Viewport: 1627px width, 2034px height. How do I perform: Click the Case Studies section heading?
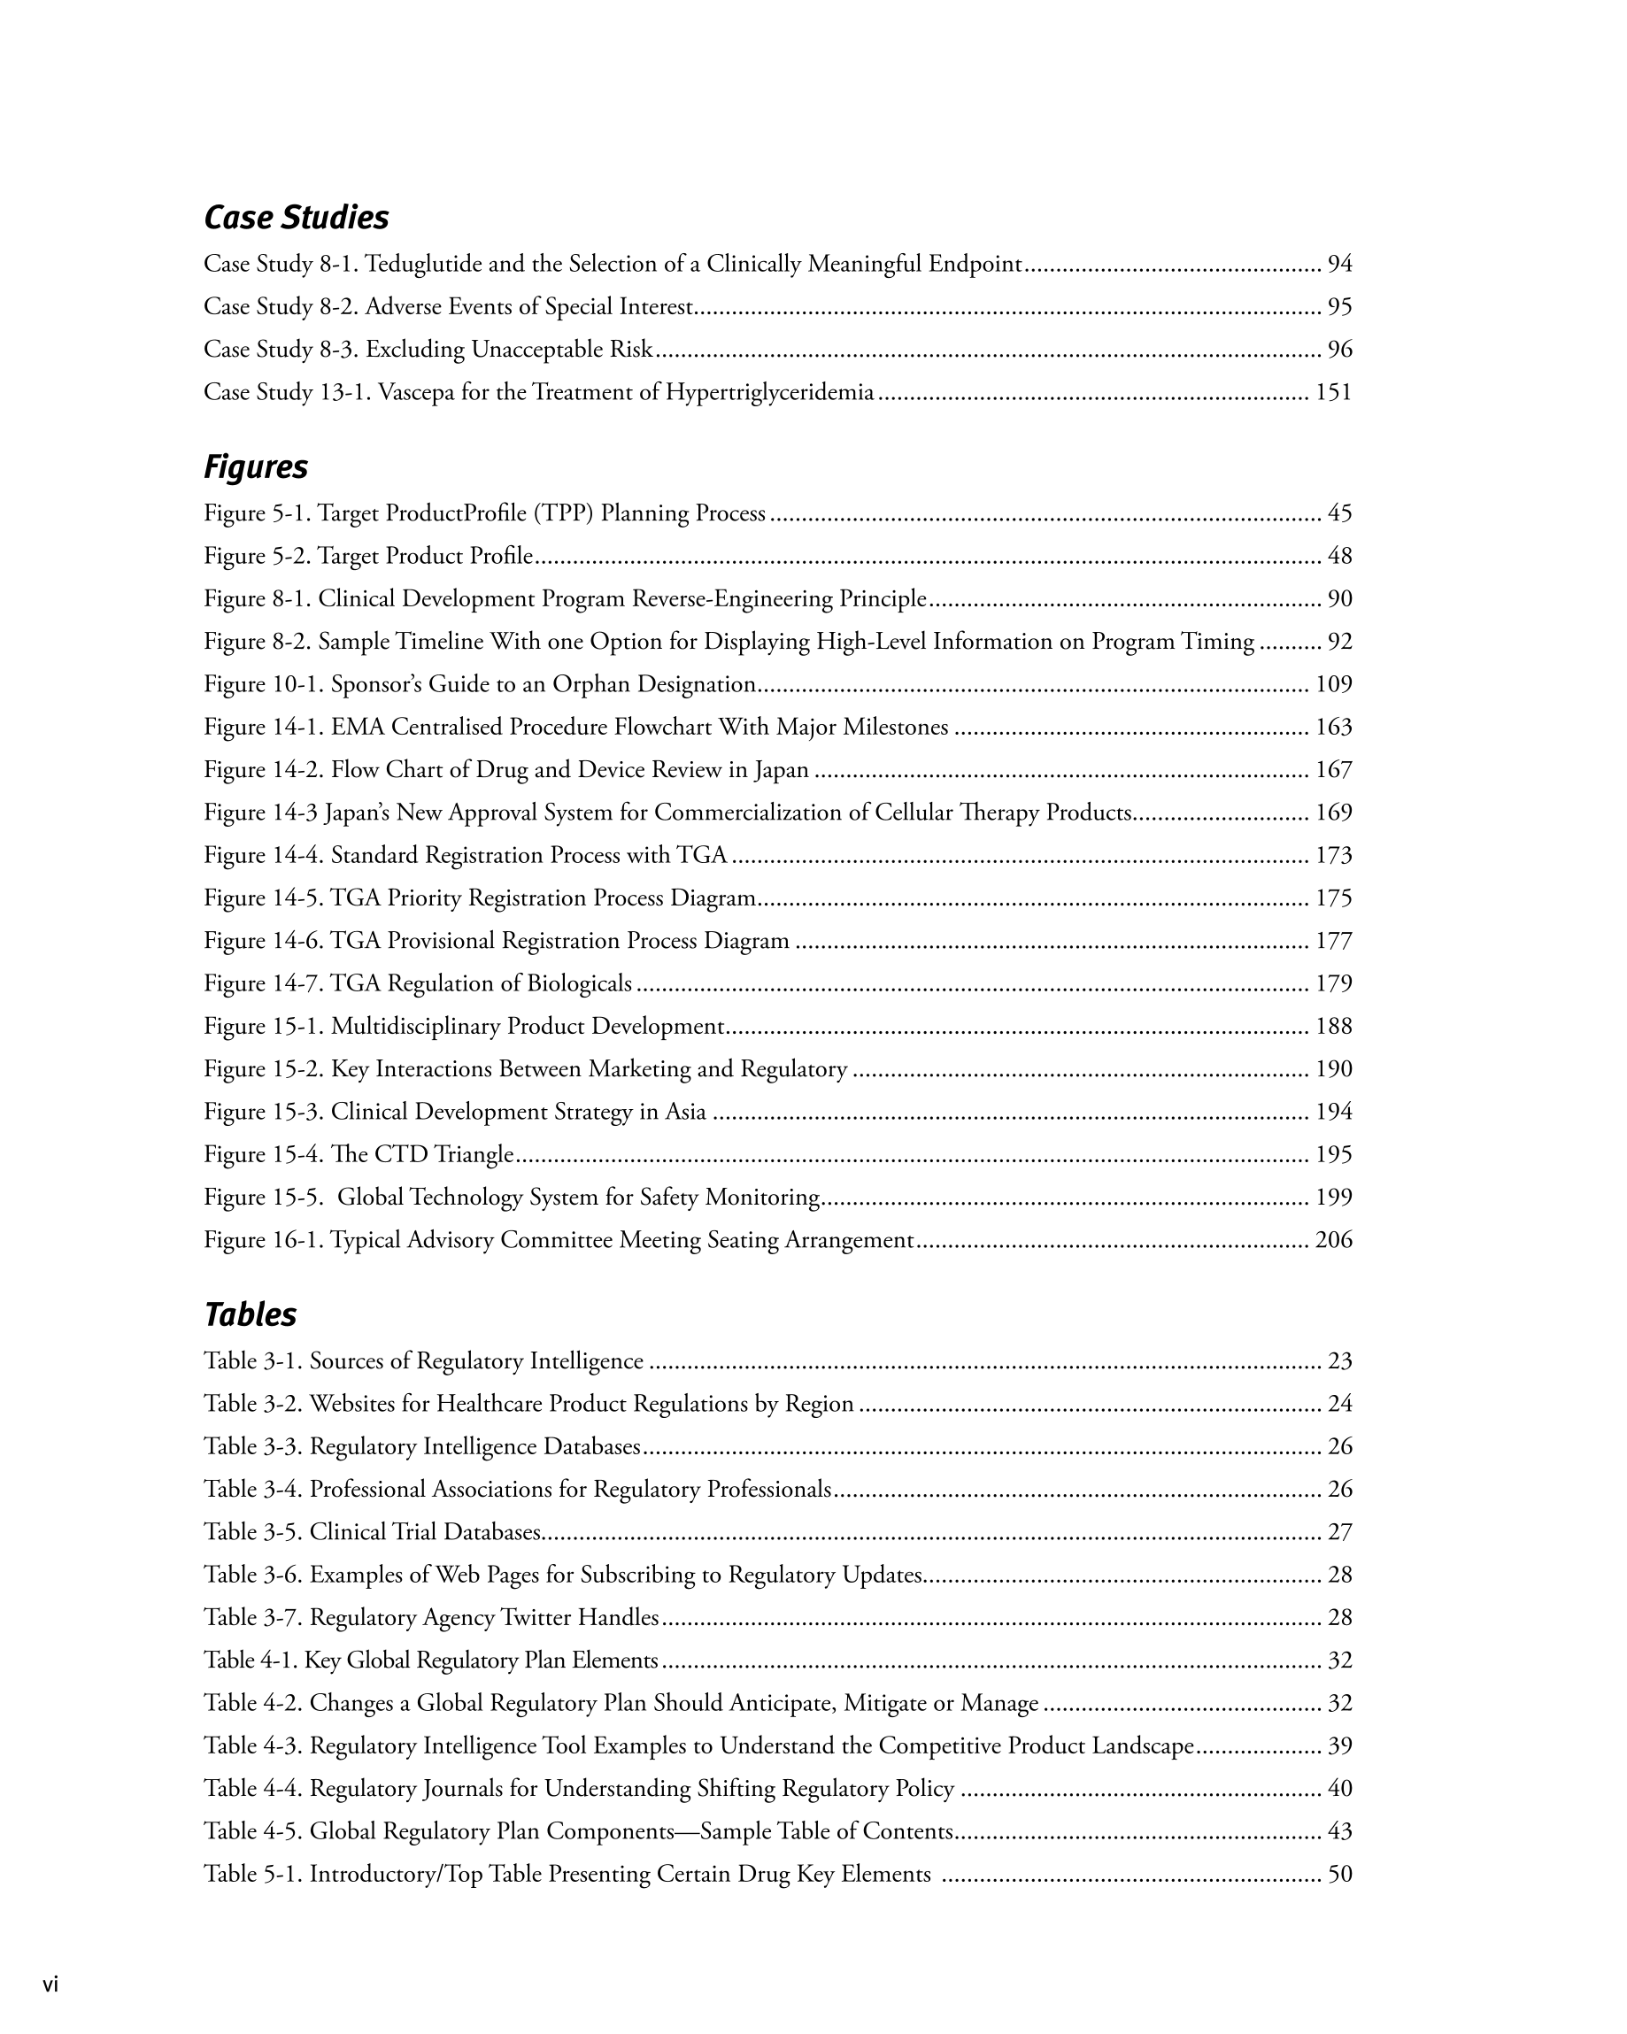(x=296, y=218)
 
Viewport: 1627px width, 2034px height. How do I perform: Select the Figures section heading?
(x=256, y=467)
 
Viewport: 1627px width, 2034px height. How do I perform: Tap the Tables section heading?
(x=251, y=1314)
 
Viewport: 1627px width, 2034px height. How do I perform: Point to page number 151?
(x=1333, y=392)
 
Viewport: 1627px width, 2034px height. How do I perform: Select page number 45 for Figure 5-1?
(x=1339, y=513)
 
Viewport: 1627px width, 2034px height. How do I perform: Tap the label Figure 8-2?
(x=257, y=642)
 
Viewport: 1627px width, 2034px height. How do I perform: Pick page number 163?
(x=1333, y=728)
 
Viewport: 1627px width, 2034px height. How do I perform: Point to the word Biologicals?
(x=579, y=984)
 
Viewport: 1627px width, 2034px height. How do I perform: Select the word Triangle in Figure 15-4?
(x=473, y=1155)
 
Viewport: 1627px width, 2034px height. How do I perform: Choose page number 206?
(x=1333, y=1240)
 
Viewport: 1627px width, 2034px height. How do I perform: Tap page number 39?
(x=1339, y=1746)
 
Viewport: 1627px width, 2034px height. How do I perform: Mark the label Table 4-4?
(x=252, y=1789)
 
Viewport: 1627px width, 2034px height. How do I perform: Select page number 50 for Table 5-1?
(x=1339, y=1875)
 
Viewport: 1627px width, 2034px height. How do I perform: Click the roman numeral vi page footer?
(x=50, y=1985)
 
